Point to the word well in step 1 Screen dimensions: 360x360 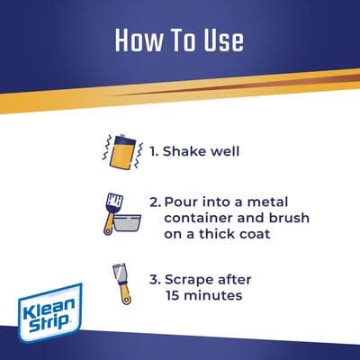click(225, 151)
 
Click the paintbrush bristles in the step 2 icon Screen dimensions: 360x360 click(115, 202)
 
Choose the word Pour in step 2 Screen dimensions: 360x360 click(181, 202)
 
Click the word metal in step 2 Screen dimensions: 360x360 click(267, 202)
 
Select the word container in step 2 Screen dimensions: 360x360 click(198, 218)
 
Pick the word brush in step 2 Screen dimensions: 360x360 click(289, 218)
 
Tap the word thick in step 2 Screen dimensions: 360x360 click(213, 234)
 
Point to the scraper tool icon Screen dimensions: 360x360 click(121, 283)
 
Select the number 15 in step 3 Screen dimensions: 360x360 click(172, 295)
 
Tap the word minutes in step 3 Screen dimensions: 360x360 click(213, 295)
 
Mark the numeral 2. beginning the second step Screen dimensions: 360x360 click(156, 202)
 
